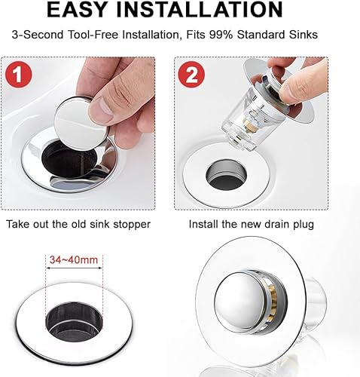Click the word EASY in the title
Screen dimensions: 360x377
(77, 9)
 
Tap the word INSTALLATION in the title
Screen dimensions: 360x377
(200, 9)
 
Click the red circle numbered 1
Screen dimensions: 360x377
(19, 75)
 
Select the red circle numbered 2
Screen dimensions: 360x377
(191, 75)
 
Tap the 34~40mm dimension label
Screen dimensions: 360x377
(74, 259)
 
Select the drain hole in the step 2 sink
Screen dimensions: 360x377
(226, 175)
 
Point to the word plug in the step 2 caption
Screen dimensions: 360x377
(304, 225)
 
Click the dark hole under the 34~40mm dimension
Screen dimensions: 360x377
(74, 322)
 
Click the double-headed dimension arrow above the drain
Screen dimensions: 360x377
(75, 268)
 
